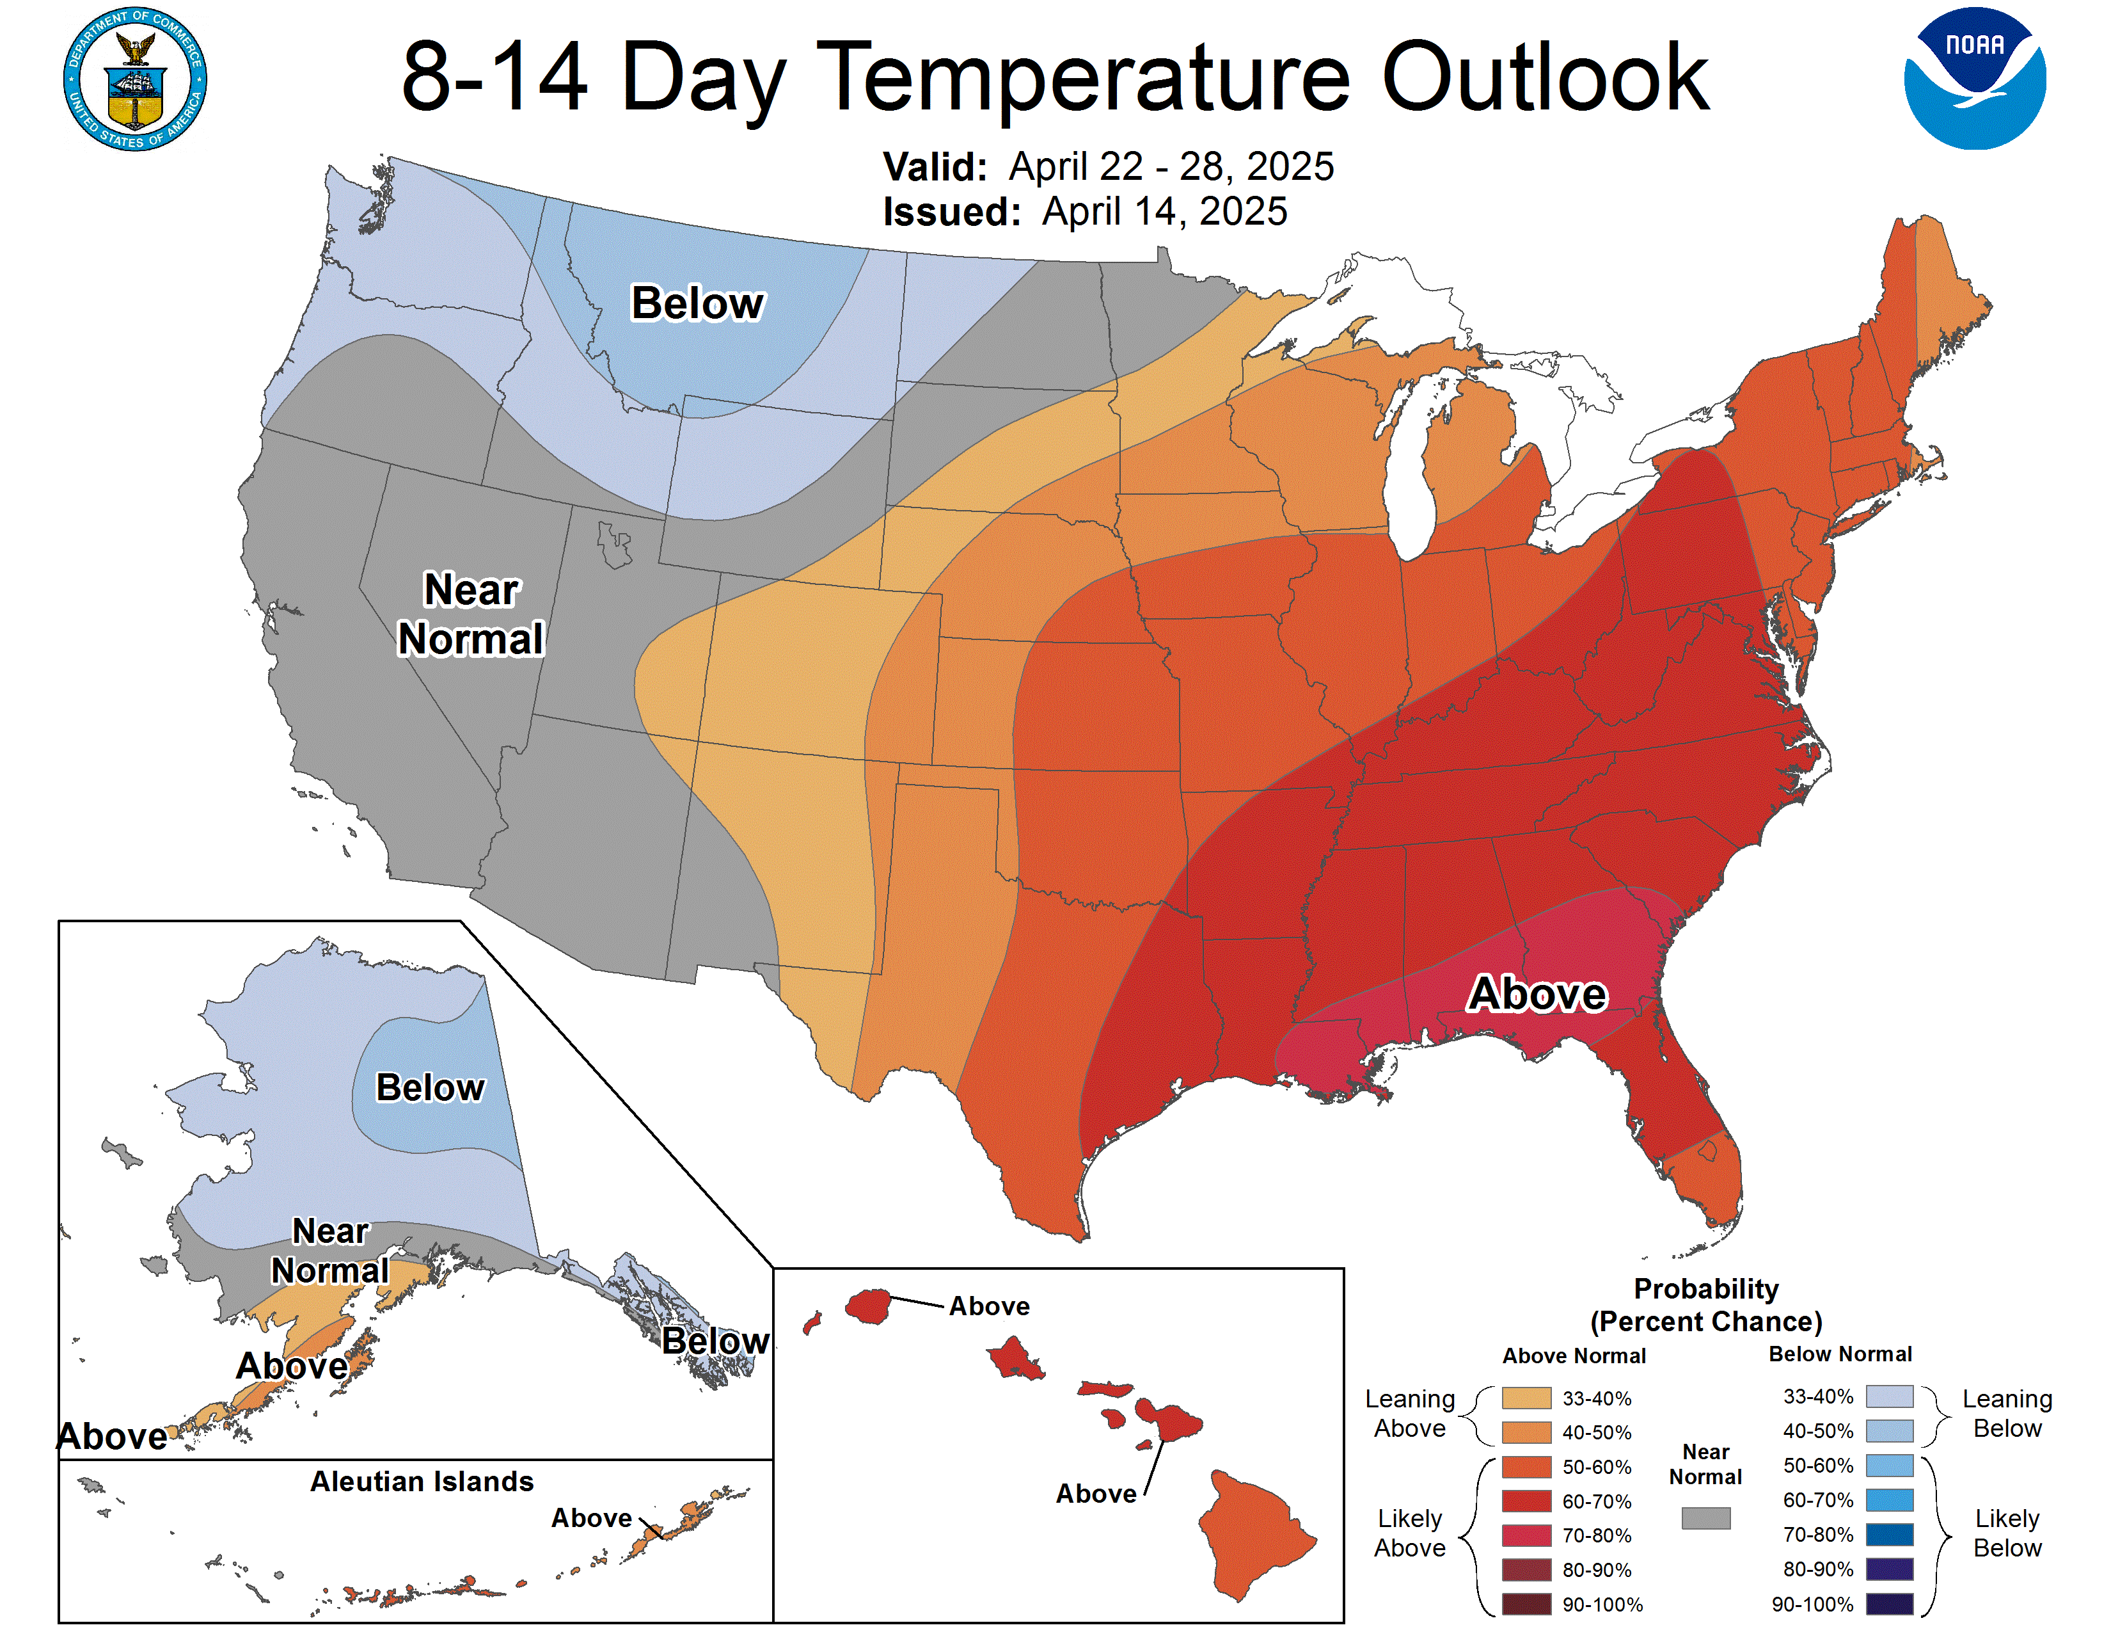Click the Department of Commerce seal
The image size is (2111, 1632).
[136, 79]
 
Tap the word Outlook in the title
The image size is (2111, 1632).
[1545, 77]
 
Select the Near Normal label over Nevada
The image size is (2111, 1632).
[471, 615]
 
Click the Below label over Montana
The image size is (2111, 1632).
[697, 303]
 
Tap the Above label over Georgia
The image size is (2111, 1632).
[1537, 994]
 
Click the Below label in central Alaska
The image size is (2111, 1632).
[429, 1087]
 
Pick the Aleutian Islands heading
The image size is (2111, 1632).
[422, 1481]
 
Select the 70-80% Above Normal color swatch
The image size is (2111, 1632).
[1526, 1535]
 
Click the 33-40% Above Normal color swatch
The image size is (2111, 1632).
[1526, 1398]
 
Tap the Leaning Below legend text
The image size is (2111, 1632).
[2007, 1414]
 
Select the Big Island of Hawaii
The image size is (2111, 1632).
[1254, 1532]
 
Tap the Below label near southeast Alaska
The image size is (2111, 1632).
[715, 1341]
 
